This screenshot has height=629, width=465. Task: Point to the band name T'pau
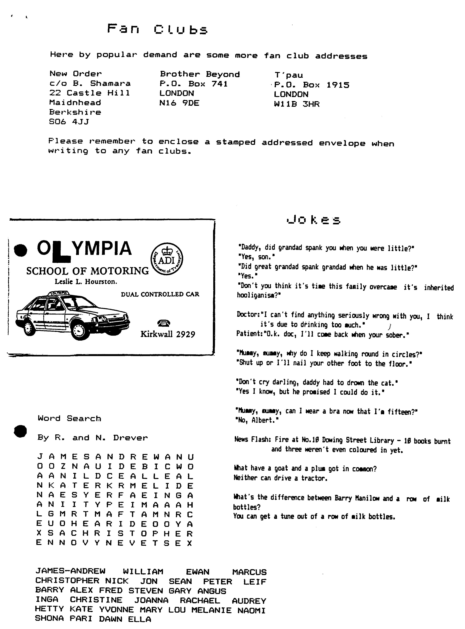(x=289, y=75)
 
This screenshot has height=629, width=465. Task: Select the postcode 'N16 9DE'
(x=179, y=103)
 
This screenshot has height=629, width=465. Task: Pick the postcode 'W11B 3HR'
(x=297, y=104)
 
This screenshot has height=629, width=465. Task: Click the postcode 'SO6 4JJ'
(x=69, y=122)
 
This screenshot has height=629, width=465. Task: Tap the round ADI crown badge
(x=167, y=259)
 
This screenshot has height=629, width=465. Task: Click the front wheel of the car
(x=79, y=330)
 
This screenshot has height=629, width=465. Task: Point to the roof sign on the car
(x=58, y=293)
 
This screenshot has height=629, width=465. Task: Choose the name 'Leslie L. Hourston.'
(x=86, y=282)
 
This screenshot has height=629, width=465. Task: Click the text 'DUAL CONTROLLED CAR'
(x=160, y=294)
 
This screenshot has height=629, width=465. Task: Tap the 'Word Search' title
(x=69, y=418)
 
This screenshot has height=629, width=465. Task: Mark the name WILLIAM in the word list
(x=143, y=572)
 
